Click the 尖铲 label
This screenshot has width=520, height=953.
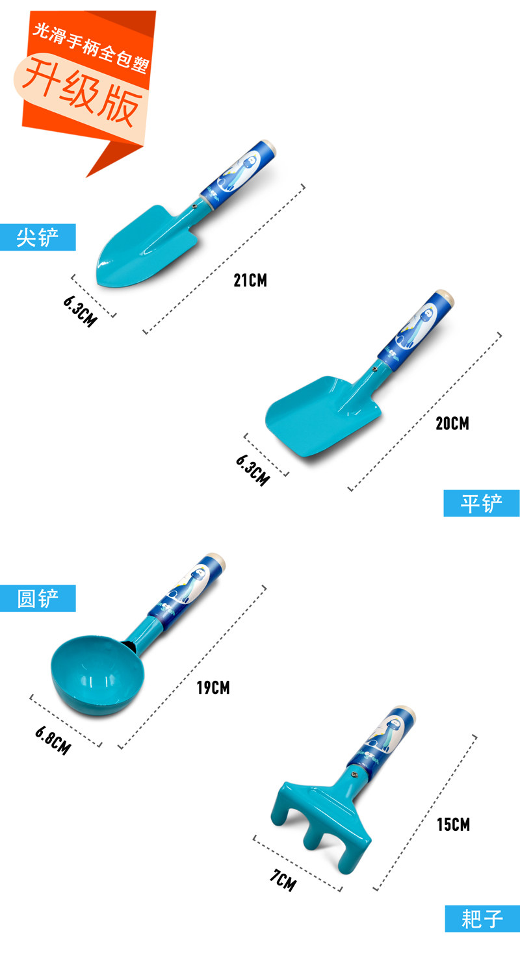point(38,238)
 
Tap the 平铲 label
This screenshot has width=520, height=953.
point(482,503)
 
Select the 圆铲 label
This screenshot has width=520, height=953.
point(38,598)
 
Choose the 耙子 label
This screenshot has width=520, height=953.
point(482,919)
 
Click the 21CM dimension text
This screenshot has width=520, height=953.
point(250,281)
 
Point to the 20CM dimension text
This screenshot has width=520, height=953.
point(452,424)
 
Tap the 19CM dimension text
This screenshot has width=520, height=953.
point(213,687)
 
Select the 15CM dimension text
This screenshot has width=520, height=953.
point(453,825)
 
